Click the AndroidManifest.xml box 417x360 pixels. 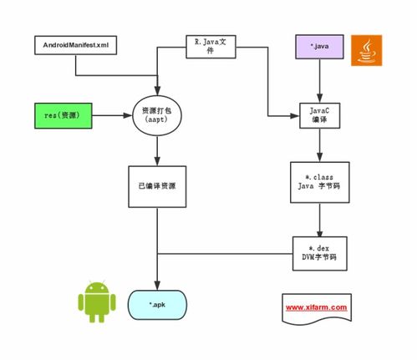tap(75, 45)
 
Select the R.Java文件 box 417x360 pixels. tap(211, 47)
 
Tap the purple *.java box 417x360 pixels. tap(319, 47)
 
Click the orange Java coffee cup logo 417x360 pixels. tap(366, 50)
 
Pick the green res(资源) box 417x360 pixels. tap(64, 115)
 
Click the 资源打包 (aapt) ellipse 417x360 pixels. tap(157, 115)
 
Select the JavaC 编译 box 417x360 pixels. tap(319, 115)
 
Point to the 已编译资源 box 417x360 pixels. tap(157, 186)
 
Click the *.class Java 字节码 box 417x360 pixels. tap(320, 182)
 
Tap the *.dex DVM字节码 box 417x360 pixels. tap(320, 253)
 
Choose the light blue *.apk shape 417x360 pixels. tap(157, 305)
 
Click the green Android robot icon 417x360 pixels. tap(97, 302)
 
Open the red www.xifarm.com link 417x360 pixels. tap(317, 307)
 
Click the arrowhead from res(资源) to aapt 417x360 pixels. tap(128, 115)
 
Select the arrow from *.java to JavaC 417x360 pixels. tap(319, 81)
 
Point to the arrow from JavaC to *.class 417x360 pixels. tap(319, 145)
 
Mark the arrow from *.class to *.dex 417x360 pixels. tap(319, 220)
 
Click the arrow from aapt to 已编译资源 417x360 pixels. tap(157, 151)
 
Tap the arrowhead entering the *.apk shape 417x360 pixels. tap(157, 286)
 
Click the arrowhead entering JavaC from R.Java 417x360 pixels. tap(295, 115)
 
